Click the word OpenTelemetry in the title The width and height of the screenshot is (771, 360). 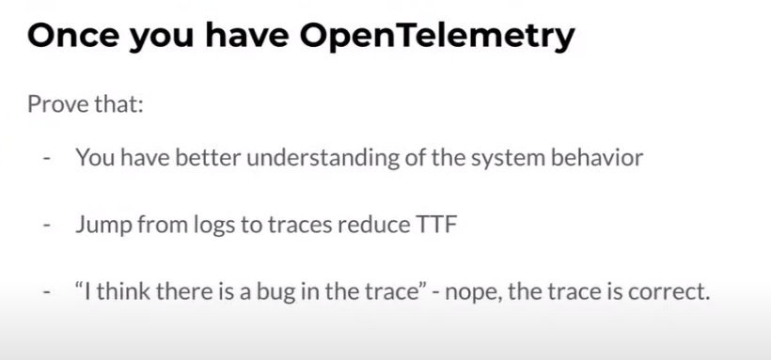click(x=437, y=37)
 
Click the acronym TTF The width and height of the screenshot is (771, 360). click(x=436, y=225)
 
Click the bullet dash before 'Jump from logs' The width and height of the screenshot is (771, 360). click(x=47, y=227)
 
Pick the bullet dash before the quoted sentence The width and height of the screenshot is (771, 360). click(x=47, y=294)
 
